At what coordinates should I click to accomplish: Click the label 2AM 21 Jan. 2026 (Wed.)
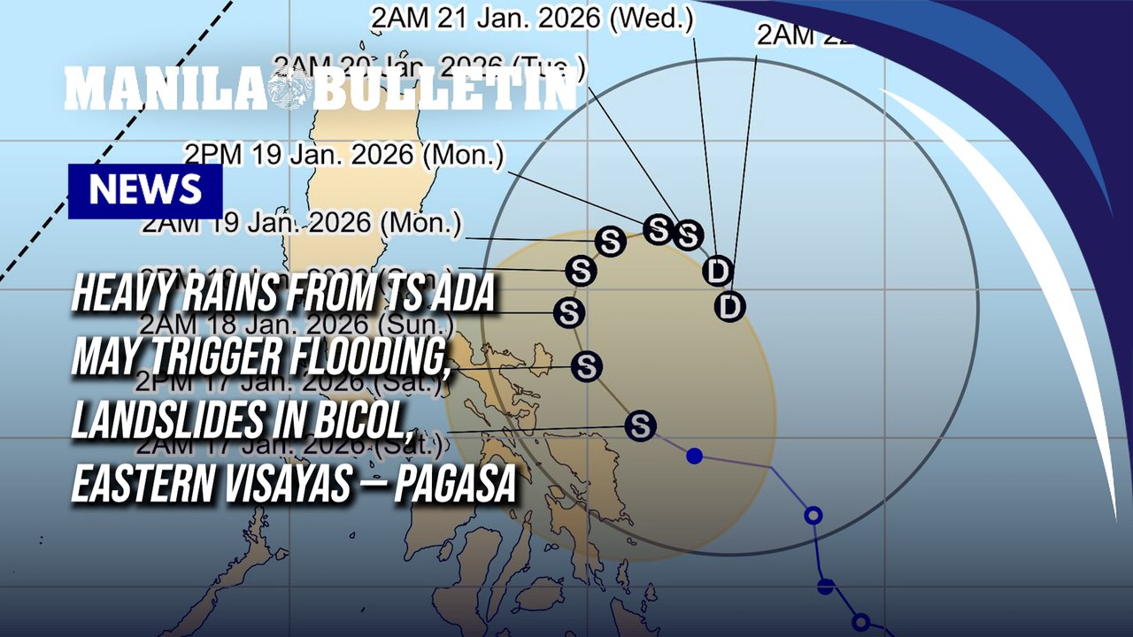[x=532, y=17]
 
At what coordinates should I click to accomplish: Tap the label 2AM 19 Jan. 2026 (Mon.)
[x=301, y=223]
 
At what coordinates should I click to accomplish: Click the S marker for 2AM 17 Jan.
[x=640, y=426]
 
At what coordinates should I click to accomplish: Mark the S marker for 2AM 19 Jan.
[x=610, y=241]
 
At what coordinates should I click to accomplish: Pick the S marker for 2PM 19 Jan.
[x=658, y=229]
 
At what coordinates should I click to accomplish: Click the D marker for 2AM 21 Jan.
[x=717, y=271]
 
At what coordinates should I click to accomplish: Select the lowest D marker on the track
[x=729, y=306]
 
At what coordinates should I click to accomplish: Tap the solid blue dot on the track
[x=695, y=456]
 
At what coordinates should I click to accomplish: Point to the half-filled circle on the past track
[x=826, y=586]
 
